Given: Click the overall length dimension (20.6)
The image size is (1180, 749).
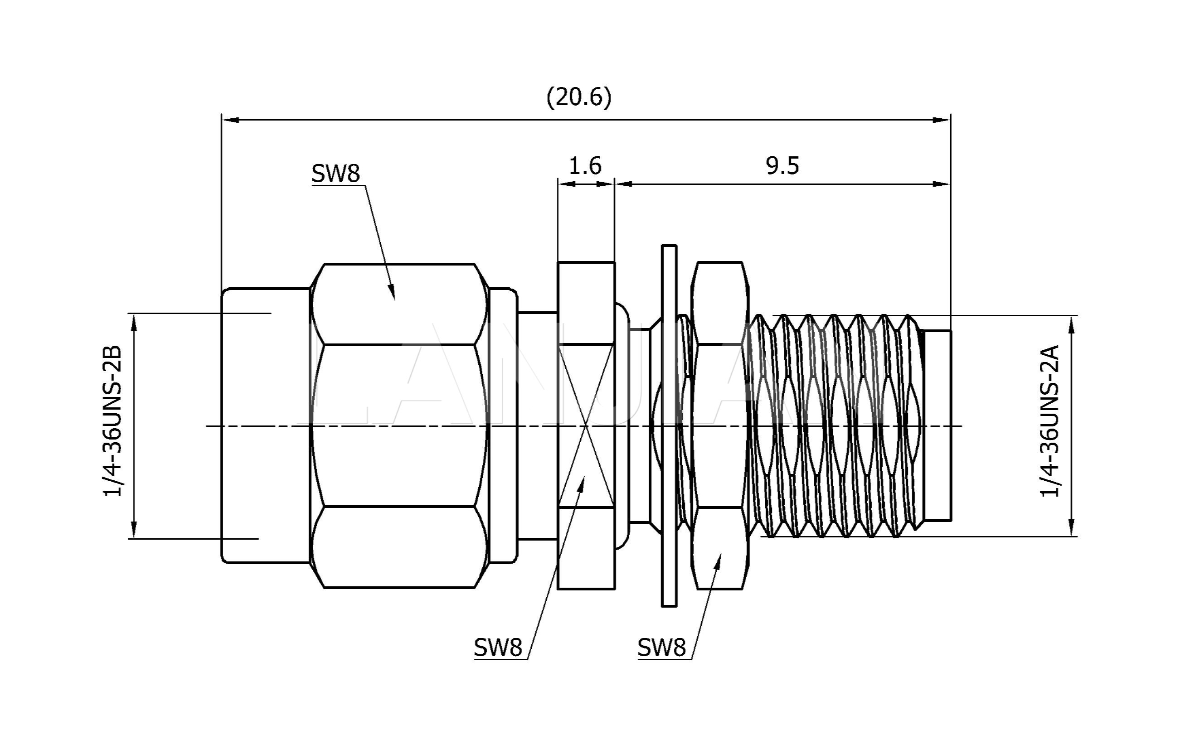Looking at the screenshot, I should [x=579, y=97].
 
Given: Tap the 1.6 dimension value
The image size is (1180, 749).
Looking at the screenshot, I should [x=585, y=166].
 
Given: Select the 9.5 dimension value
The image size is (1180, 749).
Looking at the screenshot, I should [x=782, y=166].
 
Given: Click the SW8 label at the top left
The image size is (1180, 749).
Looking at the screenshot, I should [x=335, y=174].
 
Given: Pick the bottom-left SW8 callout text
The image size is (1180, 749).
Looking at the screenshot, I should [x=498, y=648].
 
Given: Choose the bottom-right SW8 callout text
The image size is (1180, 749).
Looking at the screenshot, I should [x=661, y=648].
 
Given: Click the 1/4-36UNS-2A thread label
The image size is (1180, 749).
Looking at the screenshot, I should [x=1049, y=421].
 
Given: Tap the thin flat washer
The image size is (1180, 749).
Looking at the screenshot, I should [x=669, y=425].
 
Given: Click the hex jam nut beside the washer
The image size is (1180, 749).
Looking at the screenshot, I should [x=719, y=425].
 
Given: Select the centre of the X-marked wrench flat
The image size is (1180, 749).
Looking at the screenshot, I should [x=586, y=425].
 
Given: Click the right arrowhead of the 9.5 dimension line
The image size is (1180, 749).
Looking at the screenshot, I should [x=948, y=184].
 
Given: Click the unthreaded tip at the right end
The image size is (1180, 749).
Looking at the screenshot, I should [x=937, y=425].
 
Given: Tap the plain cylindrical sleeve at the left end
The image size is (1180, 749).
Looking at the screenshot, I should [x=265, y=425].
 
